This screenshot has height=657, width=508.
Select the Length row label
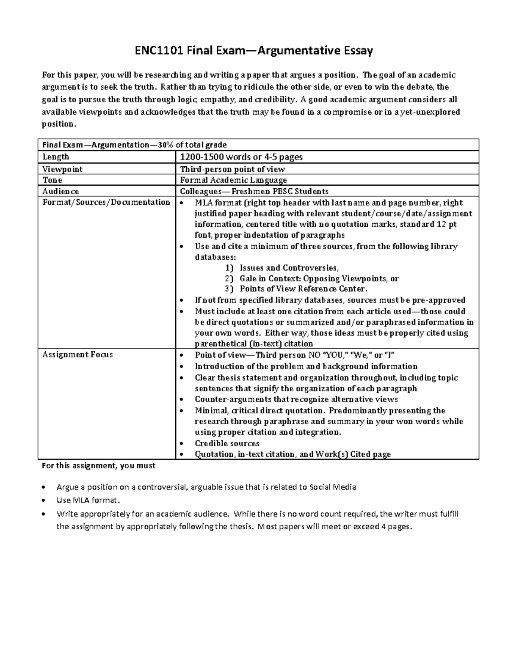point(55,157)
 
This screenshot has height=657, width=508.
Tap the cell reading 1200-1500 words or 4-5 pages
point(241,157)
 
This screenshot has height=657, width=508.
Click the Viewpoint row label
point(62,169)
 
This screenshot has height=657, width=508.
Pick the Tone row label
point(52,180)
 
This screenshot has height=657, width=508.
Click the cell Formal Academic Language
point(233,180)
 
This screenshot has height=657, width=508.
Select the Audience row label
point(61,191)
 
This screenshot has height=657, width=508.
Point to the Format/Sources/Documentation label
point(106,202)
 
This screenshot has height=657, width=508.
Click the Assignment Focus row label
point(77,355)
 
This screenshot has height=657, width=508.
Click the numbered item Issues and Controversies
point(289,268)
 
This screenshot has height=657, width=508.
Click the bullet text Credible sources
point(227,443)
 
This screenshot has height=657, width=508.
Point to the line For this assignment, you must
point(98,466)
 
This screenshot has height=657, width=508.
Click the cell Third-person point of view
point(232,169)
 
